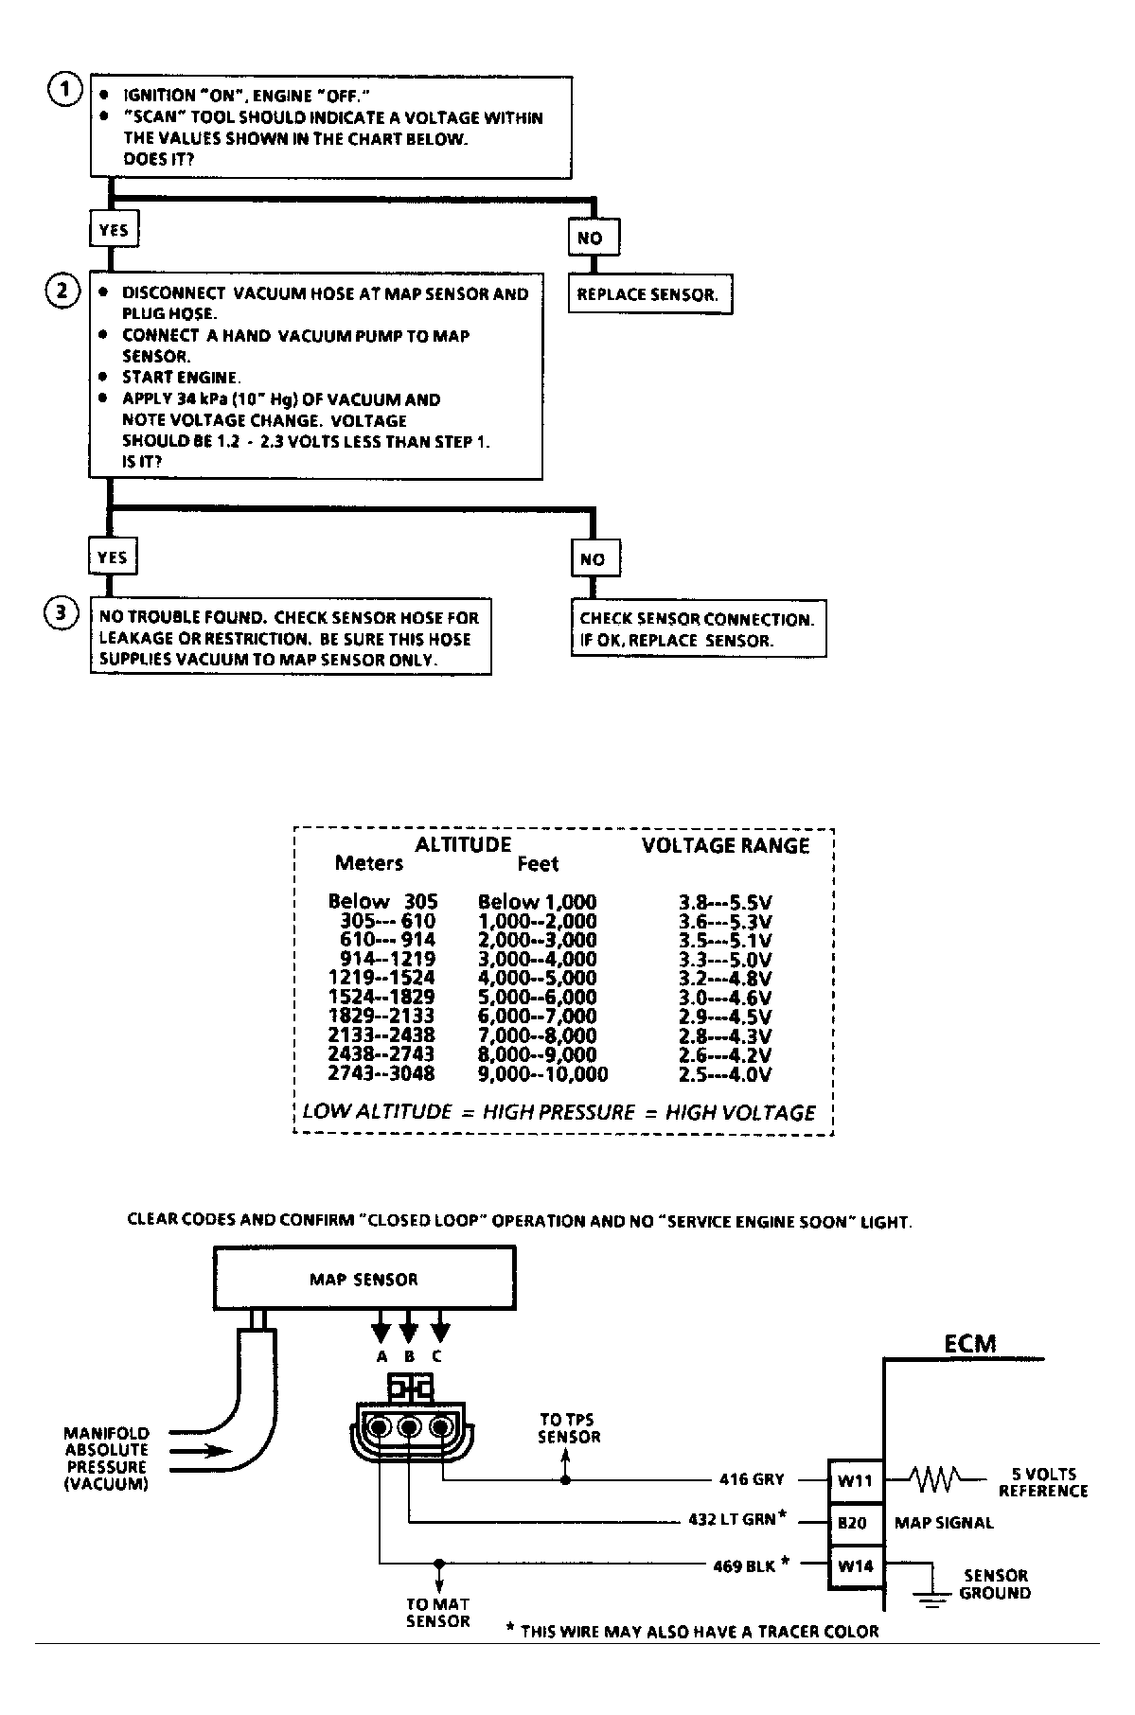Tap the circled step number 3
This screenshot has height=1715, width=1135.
62,613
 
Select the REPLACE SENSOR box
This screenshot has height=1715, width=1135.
650,294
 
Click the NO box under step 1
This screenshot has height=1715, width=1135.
594,238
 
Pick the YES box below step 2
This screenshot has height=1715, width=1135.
113,557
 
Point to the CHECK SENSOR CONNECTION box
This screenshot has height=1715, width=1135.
699,628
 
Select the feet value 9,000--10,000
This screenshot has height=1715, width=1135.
543,1074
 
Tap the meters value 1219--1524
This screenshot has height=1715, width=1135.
381,979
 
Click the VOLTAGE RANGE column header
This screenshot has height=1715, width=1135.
726,845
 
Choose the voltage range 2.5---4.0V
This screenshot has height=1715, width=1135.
725,1074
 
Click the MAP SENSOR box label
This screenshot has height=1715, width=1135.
364,1280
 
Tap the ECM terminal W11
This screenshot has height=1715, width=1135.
856,1479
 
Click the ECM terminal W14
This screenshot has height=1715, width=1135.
856,1565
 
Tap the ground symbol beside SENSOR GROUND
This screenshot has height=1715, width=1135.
933,1598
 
